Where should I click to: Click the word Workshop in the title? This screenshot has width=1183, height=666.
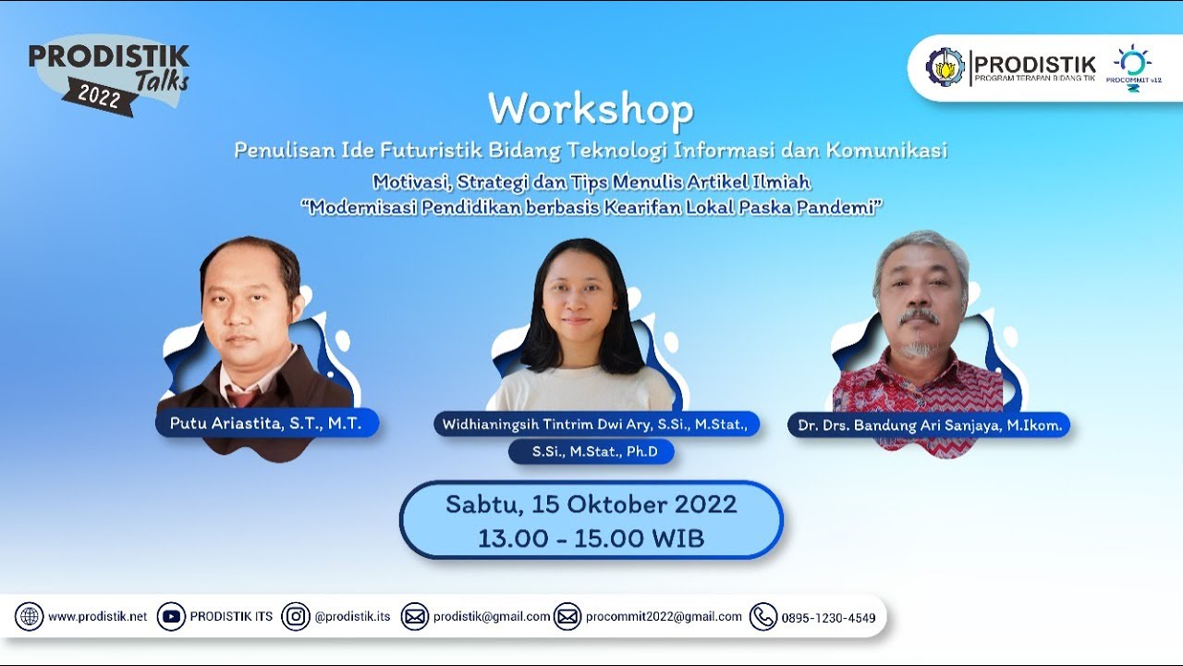click(591, 110)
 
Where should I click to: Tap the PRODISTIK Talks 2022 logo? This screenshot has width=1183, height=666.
click(109, 76)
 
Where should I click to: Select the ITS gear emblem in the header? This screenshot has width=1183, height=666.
click(945, 67)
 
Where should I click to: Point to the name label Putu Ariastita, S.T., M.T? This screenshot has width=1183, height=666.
click(267, 424)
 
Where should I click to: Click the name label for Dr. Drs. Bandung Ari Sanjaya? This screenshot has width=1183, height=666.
click(929, 425)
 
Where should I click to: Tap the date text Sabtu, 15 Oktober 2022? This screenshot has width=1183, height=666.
click(591, 504)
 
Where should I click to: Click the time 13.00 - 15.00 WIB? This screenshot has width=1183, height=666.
click(591, 538)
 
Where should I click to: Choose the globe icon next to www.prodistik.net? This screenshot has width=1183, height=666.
click(29, 617)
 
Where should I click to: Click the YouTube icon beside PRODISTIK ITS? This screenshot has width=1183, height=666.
click(171, 617)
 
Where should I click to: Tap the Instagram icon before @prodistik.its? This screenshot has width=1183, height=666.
click(296, 617)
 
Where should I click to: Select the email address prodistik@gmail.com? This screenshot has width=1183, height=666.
click(492, 617)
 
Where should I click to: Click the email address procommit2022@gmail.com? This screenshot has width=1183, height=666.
click(664, 617)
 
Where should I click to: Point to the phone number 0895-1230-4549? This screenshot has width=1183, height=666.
click(828, 618)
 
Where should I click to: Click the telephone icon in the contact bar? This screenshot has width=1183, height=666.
click(762, 617)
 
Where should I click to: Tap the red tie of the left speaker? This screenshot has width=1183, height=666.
click(243, 397)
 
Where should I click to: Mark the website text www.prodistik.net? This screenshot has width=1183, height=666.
click(97, 617)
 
